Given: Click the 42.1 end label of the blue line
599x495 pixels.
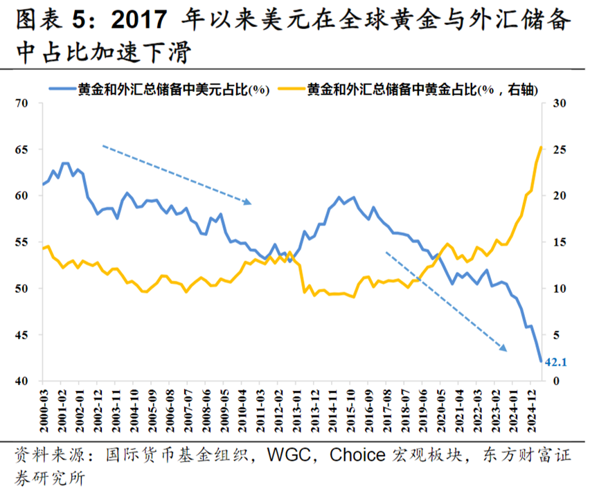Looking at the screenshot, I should pos(557,361).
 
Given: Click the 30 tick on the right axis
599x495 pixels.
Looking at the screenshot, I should pos(560,104).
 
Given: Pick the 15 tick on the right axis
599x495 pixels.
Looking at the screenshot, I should pos(560,242).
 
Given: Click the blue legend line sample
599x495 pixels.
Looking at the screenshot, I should pos(62,89).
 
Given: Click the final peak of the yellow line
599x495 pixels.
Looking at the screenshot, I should pos(541,147).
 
